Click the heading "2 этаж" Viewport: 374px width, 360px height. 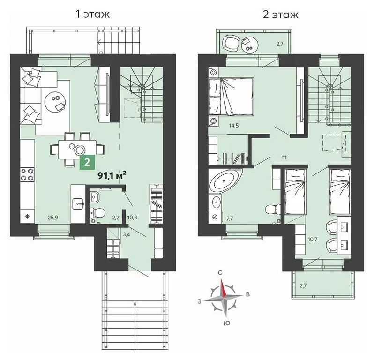pyautogui.click(x=280, y=14)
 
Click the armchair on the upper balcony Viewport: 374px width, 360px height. pyautogui.click(x=230, y=43)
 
